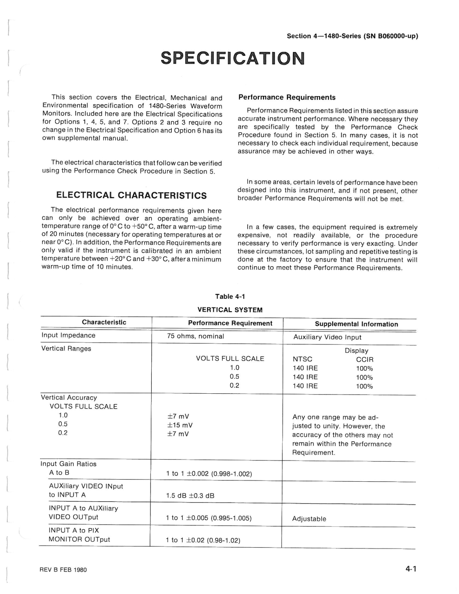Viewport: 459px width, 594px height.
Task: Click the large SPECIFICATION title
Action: pyautogui.click(x=232, y=58)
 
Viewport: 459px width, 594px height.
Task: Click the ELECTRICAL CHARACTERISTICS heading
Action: pyautogui.click(x=132, y=195)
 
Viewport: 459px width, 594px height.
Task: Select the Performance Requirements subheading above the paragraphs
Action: pyautogui.click(x=287, y=97)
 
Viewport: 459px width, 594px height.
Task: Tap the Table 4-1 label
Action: pyautogui.click(x=230, y=296)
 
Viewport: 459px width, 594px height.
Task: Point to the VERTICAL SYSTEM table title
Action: pyautogui.click(x=230, y=310)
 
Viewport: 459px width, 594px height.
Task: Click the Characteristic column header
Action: pyautogui.click(x=104, y=322)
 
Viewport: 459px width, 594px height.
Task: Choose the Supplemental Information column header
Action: pyautogui.click(x=356, y=324)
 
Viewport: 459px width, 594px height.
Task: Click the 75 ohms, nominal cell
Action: pyautogui.click(x=195, y=336)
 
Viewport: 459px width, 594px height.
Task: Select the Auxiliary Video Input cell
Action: pyautogui.click(x=327, y=337)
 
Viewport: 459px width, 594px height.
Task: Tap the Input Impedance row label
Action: pyautogui.click(x=68, y=335)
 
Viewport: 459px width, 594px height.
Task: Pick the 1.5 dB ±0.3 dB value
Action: pyautogui.click(x=190, y=496)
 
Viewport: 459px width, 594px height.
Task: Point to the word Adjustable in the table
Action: pyautogui.click(x=309, y=519)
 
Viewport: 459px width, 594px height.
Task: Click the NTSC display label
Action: pyautogui.click(x=302, y=359)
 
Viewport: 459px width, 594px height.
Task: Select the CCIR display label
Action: pyautogui.click(x=365, y=359)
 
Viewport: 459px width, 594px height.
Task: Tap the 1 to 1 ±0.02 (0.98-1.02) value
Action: pyautogui.click(x=203, y=540)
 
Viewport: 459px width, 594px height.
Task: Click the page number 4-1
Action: pyautogui.click(x=411, y=569)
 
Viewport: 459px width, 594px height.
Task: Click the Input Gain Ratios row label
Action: pyautogui.click(x=68, y=464)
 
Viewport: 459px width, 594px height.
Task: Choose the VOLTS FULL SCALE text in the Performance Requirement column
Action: pyautogui.click(x=230, y=358)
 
